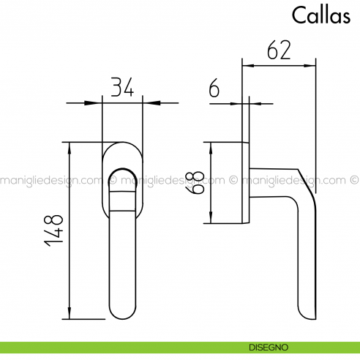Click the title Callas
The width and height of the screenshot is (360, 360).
[320, 15]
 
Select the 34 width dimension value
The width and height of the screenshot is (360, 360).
[121, 88]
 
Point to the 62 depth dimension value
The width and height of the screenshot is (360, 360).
[279, 50]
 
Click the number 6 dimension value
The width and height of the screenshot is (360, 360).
[214, 89]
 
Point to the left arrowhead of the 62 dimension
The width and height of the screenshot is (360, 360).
[247, 67]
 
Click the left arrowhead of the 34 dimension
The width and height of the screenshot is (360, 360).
[97, 102]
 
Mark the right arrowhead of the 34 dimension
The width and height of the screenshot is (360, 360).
[146, 102]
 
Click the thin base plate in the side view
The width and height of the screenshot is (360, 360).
[247, 183]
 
